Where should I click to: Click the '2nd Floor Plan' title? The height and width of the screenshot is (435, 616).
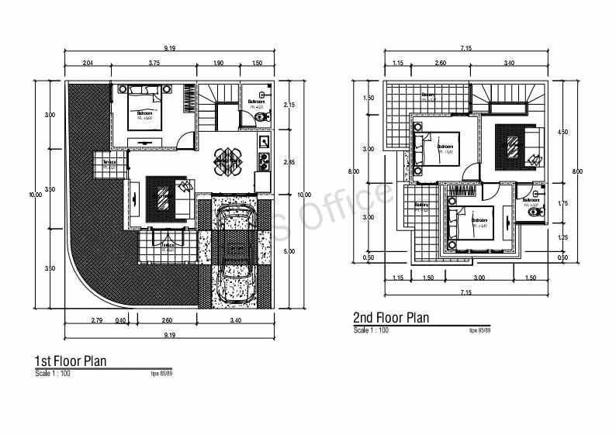[390, 317]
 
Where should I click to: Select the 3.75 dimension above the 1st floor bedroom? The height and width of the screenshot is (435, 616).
[154, 62]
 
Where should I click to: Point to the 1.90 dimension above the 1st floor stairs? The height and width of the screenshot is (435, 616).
[219, 62]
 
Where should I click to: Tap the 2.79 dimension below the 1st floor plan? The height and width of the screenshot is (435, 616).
[97, 319]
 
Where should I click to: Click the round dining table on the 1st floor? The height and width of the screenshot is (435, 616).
[229, 160]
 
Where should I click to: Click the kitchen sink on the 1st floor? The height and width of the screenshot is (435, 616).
[264, 142]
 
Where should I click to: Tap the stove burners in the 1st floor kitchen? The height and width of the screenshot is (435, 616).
[264, 161]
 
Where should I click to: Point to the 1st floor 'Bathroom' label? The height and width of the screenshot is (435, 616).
[257, 102]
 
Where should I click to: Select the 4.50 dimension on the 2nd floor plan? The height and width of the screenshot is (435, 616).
[562, 133]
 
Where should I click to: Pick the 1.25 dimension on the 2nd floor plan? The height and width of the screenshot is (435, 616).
[562, 237]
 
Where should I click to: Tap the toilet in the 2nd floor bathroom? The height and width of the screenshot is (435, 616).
[532, 212]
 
